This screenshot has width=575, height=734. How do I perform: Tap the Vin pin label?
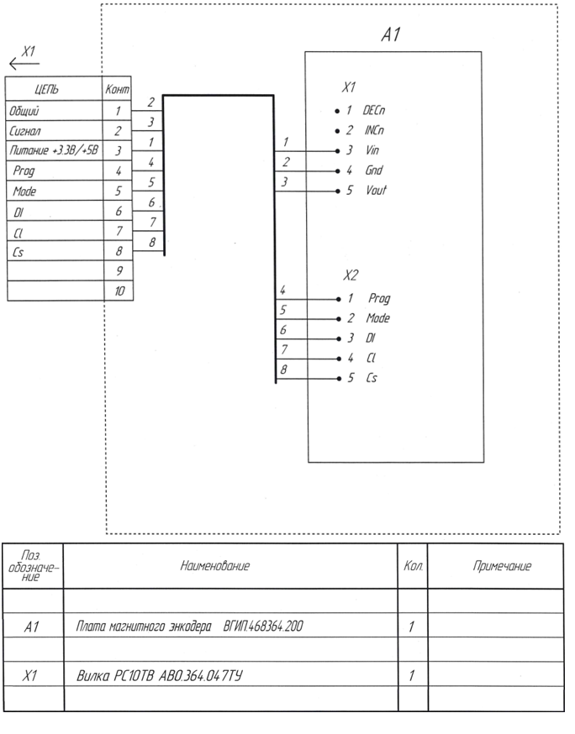click(372, 150)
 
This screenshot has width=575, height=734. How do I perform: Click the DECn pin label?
click(375, 110)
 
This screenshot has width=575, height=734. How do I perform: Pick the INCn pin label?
click(375, 130)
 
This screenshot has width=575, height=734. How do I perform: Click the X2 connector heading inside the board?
click(351, 275)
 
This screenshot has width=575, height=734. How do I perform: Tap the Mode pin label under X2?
click(377, 318)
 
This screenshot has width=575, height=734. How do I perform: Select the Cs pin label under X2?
click(371, 378)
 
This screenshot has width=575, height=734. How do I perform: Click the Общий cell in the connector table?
click(24, 110)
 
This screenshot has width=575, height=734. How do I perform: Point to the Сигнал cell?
click(25, 130)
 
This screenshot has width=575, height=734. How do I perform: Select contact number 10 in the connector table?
click(117, 291)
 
